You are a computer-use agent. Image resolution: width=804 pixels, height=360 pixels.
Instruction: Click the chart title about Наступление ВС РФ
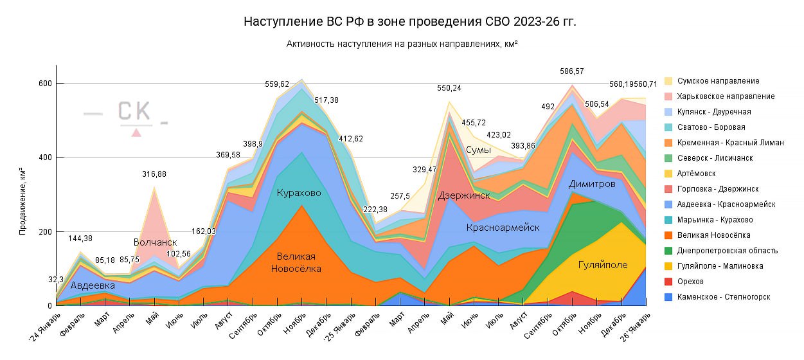tap(410, 22)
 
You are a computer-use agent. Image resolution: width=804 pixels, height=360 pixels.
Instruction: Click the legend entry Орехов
tap(696, 282)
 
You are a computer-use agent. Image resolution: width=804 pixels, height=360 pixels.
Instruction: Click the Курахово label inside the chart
tap(299, 193)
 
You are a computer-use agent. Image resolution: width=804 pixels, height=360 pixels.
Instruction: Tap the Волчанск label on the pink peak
tap(155, 242)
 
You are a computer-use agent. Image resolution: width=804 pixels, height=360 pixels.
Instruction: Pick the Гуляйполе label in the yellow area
tap(602, 264)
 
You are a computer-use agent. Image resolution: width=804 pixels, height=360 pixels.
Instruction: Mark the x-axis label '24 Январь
tap(44, 328)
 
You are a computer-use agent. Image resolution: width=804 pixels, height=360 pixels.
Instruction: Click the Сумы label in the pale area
tap(479, 150)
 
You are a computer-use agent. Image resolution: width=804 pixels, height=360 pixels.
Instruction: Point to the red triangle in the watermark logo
tap(136, 132)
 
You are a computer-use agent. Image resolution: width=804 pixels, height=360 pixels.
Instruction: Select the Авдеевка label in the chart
tap(93, 285)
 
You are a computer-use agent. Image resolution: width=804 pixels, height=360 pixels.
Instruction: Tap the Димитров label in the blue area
tap(592, 184)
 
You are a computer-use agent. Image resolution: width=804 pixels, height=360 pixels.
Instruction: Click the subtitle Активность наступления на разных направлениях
tap(402, 44)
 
